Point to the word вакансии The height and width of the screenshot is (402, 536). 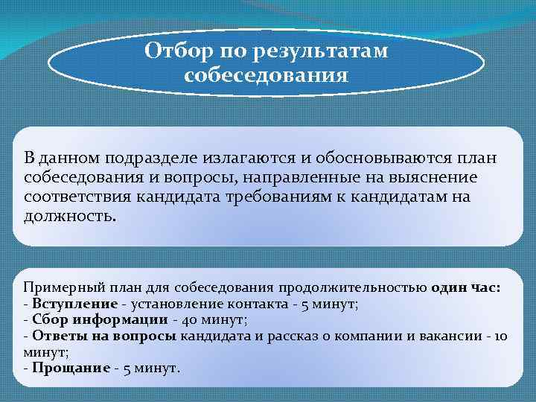(449, 336)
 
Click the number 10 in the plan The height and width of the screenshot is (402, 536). (500, 336)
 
